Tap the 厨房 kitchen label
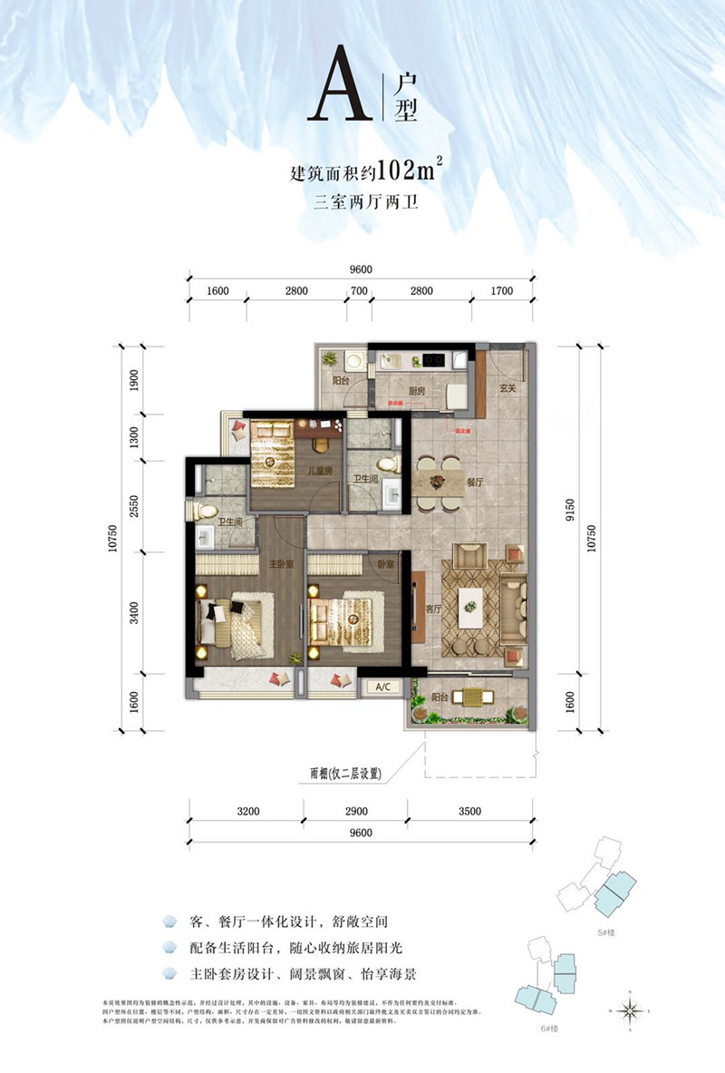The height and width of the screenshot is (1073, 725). [x=417, y=391]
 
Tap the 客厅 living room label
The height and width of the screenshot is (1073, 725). [x=433, y=610]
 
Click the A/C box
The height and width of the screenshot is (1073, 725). [x=382, y=687]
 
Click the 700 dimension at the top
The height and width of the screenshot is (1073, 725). [x=359, y=291]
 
